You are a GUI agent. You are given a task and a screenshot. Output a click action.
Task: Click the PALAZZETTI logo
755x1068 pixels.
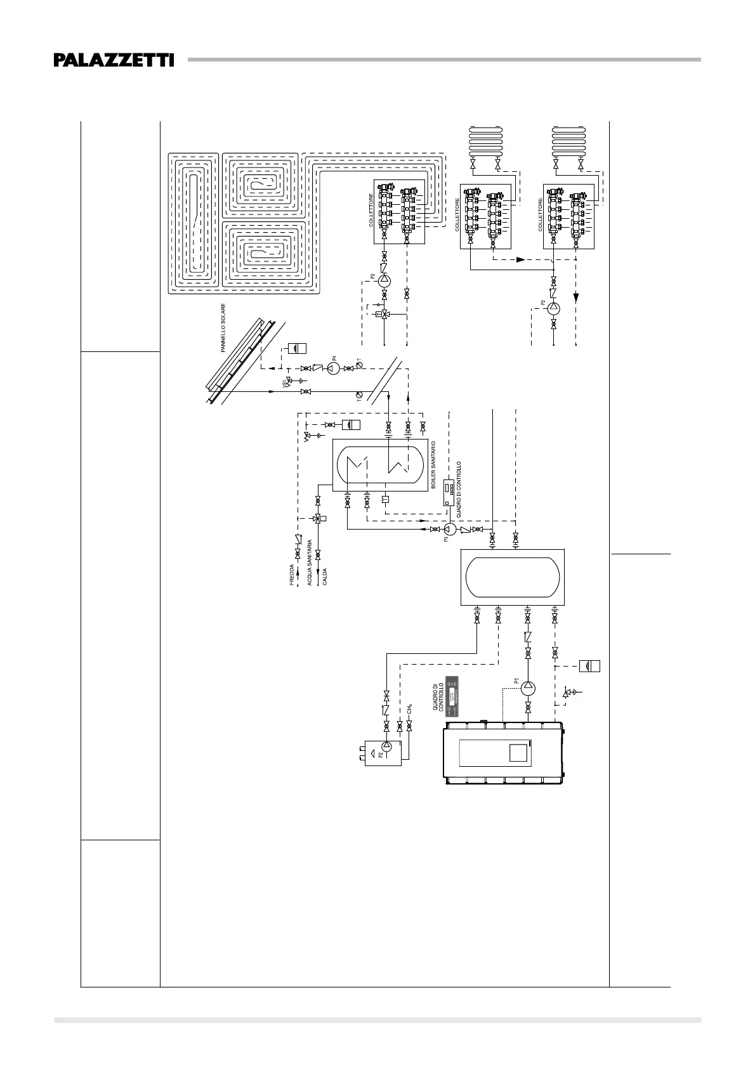click(114, 60)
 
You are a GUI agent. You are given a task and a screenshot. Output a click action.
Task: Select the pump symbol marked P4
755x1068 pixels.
click(333, 369)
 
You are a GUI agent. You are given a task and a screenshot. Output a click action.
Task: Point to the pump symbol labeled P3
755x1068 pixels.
click(448, 530)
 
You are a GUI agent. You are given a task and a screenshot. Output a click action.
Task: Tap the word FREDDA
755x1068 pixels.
click(292, 574)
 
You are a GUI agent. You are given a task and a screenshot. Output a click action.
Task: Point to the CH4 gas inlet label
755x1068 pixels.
click(410, 708)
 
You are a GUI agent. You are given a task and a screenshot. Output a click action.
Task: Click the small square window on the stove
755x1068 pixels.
click(518, 753)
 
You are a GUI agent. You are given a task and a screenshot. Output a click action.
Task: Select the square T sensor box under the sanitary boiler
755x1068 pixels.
click(384, 499)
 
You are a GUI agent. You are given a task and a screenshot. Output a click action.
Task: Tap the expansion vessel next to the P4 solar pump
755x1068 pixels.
click(297, 348)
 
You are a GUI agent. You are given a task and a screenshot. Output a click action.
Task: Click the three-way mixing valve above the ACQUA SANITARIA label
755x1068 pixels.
click(318, 518)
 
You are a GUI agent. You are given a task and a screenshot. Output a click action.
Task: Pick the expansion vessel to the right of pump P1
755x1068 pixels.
click(590, 666)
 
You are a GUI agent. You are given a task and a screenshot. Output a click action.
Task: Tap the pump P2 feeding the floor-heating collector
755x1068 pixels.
click(384, 280)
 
